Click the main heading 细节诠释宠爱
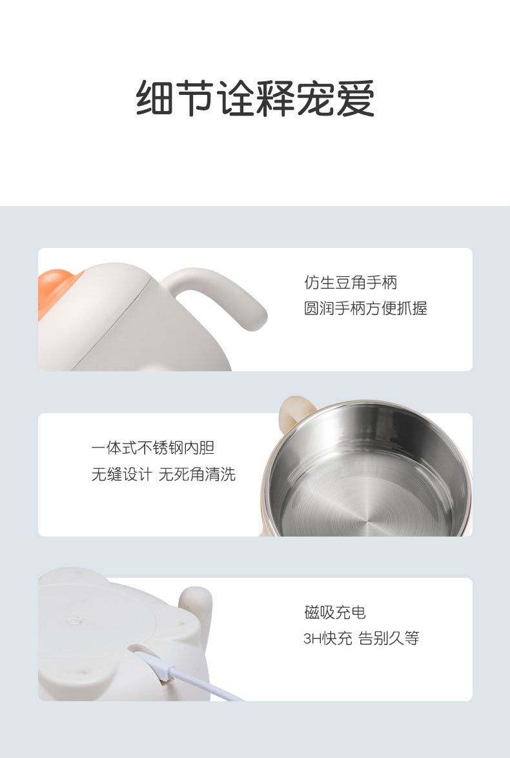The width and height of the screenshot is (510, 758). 255,99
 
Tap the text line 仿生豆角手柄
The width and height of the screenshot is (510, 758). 351,282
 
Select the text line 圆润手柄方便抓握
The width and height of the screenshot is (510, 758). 365,308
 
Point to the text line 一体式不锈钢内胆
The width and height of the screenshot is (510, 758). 153,448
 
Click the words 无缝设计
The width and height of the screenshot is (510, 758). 122,474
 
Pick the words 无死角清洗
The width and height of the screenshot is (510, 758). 198,474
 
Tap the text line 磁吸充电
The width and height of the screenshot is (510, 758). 335,613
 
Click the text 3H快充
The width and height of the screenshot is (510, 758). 328,639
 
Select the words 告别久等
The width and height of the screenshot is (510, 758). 389,639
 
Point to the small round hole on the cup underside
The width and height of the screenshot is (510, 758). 74,620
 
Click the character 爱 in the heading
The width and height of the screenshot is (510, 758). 355,99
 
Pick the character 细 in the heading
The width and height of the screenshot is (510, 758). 154,99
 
